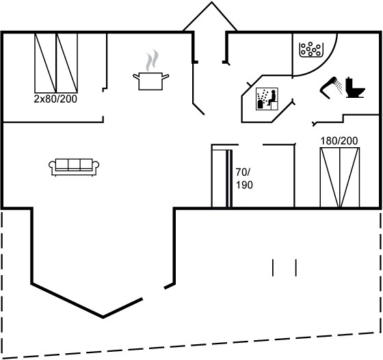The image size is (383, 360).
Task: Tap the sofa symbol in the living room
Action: [74, 167]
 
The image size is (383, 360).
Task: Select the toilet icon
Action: [355, 88]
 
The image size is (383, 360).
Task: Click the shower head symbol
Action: [331, 88]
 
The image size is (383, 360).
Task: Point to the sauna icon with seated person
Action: [267, 99]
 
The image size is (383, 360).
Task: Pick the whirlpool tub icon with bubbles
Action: [311, 49]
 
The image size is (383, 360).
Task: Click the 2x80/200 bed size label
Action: [55, 99]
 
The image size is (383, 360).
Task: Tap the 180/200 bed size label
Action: [339, 141]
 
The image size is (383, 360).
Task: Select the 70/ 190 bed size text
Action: [244, 179]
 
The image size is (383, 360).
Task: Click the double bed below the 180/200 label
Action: [340, 177]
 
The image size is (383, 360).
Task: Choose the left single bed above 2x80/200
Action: [45, 63]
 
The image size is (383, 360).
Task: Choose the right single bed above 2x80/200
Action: [67, 63]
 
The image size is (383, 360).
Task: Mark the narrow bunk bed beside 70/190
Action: [222, 179]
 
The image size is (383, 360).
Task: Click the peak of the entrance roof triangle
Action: [212, 2]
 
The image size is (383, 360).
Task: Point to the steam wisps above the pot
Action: [152, 60]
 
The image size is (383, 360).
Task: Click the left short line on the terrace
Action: [273, 268]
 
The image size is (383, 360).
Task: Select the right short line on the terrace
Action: [295, 268]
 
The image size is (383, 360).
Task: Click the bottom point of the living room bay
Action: [103, 318]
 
